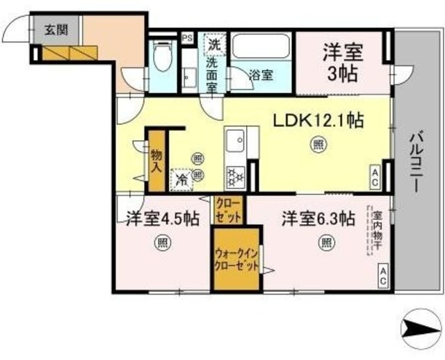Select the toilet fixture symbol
163,56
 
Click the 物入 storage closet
156,159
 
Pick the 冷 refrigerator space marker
181,178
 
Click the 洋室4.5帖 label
162,218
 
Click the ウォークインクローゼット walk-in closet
236,259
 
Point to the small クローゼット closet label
228,210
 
